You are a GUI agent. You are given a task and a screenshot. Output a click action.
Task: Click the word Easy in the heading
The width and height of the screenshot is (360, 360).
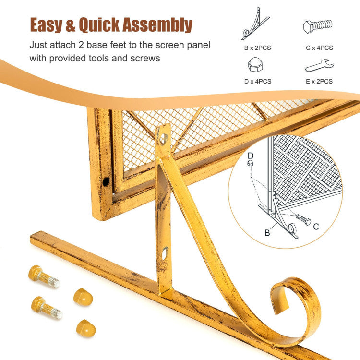(x=46, y=25)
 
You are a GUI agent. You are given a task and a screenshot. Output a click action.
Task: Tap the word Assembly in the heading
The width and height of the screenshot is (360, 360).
(x=157, y=25)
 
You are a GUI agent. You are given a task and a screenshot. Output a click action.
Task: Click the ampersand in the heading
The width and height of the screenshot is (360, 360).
(x=71, y=25)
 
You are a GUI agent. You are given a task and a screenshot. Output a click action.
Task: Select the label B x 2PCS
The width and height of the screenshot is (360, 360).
(x=257, y=48)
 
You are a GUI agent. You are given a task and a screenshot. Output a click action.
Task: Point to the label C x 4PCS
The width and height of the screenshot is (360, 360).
(x=319, y=48)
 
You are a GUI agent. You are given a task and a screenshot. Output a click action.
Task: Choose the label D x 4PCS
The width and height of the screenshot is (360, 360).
(x=258, y=82)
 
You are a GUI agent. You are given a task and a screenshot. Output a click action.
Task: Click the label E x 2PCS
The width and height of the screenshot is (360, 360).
(x=319, y=82)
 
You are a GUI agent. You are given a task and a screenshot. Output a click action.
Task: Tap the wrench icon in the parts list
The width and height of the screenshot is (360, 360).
(x=319, y=66)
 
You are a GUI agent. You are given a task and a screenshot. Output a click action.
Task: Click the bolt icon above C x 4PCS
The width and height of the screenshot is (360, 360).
(x=318, y=26)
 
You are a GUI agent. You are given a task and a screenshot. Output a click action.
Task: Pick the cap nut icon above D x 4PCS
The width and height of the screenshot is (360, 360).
(x=255, y=64)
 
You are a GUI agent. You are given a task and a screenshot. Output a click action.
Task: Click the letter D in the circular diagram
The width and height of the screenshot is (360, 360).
(x=251, y=156)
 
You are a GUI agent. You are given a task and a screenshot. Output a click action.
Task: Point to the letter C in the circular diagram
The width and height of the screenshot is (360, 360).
(x=316, y=227)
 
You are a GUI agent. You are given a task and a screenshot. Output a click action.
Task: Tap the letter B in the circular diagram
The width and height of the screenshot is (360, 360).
(x=267, y=233)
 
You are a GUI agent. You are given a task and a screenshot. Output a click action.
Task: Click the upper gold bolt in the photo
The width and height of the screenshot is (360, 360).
(x=44, y=276)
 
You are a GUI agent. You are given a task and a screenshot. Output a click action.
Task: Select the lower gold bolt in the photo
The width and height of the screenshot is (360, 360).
(x=47, y=308)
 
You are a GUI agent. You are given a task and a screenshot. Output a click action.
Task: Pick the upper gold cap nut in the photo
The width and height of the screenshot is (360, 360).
(x=83, y=297)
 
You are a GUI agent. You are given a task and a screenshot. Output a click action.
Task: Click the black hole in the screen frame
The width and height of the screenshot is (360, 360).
(x=106, y=182)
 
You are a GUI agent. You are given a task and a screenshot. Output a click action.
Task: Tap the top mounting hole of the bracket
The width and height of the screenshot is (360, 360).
(x=163, y=139)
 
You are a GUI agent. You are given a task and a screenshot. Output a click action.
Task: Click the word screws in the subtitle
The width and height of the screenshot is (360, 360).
(x=145, y=58)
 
